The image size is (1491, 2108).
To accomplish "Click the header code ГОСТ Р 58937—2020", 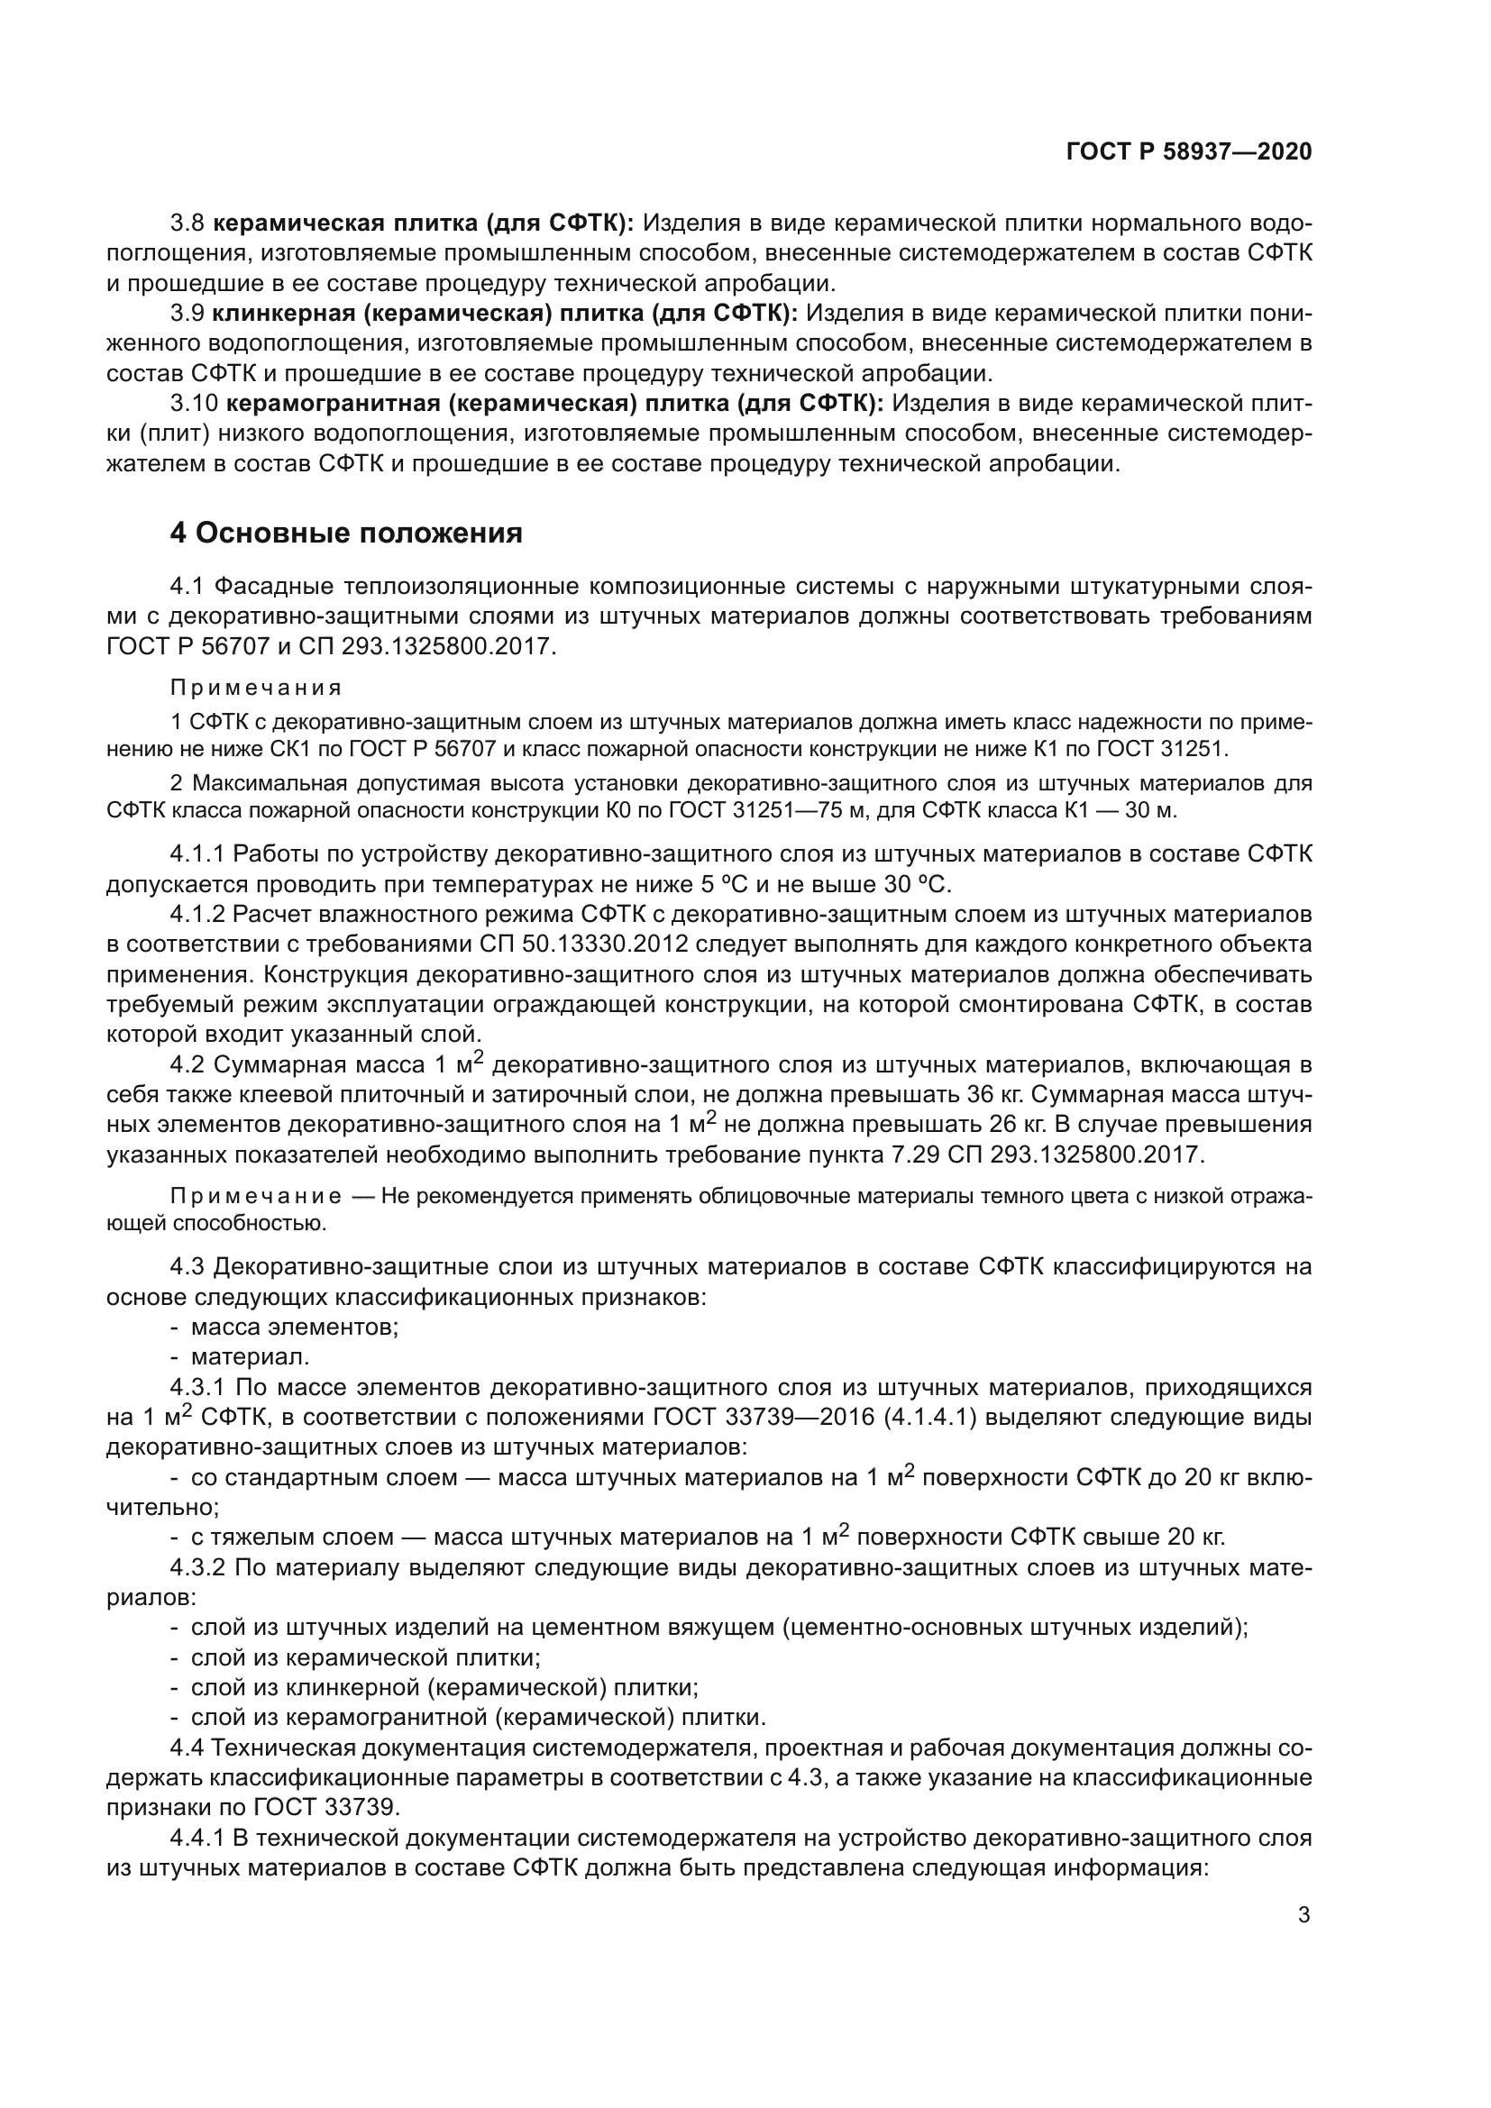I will pyautogui.click(x=1189, y=152).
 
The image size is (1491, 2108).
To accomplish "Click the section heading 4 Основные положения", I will pyautogui.click(x=346, y=533).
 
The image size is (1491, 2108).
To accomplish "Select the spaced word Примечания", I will pyautogui.click(x=256, y=688).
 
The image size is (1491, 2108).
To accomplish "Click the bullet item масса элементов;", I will pyautogui.click(x=294, y=1327).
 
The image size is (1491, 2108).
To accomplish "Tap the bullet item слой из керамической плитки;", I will pyautogui.click(x=364, y=1658).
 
